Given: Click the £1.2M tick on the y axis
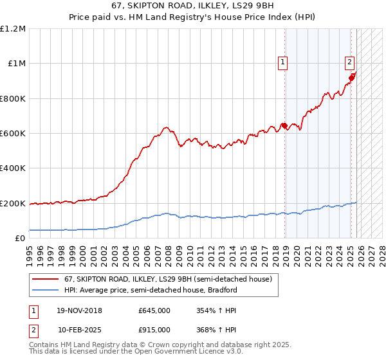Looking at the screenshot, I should [14, 29].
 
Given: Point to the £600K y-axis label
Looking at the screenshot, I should [13, 134].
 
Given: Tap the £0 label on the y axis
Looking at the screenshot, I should [20, 239].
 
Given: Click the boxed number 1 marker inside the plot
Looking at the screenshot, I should [283, 62].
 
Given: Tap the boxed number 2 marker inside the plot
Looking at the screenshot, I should [349, 62].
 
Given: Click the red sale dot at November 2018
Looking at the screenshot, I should [284, 126].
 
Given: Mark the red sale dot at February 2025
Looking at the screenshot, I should [351, 78].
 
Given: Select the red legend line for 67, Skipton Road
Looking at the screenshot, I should [46, 279].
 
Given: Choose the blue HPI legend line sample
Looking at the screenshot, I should [46, 290].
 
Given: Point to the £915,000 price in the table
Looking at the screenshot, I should [154, 329].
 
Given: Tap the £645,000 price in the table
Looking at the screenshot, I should [154, 311].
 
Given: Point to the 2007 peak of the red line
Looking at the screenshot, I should [166, 127].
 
